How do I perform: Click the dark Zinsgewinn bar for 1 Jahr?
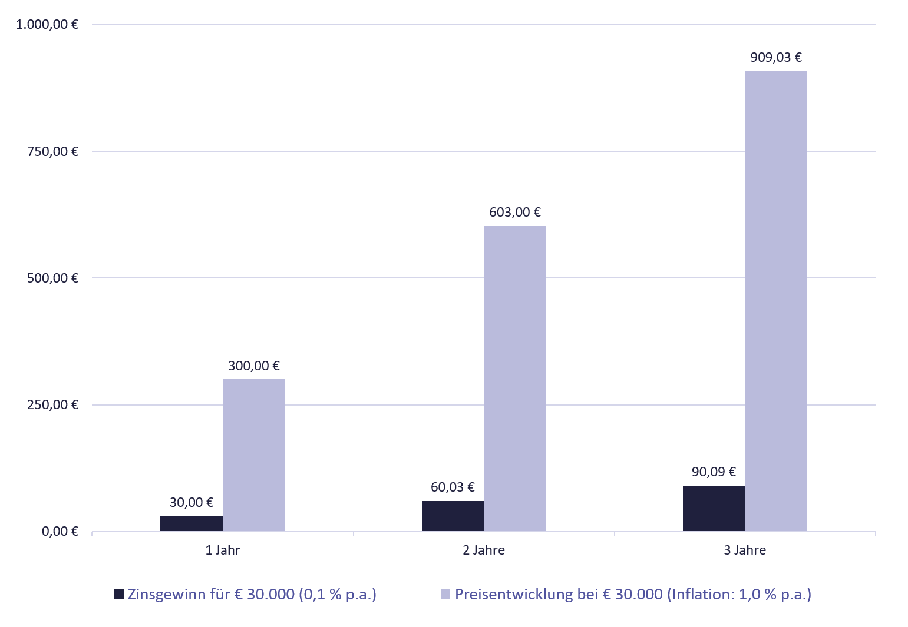[191, 524]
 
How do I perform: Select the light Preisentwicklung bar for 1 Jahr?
[253, 455]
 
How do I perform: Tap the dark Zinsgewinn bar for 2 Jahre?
[453, 516]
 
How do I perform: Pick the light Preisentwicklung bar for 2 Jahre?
[514, 379]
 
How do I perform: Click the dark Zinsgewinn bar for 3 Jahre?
[714, 509]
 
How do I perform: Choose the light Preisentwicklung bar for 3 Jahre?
[776, 301]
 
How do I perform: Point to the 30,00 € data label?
[191, 503]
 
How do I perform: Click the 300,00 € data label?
[253, 366]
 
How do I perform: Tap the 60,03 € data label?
[453, 487]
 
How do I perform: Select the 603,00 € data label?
[514, 213]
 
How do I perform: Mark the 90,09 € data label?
[714, 472]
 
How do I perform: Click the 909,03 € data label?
[776, 58]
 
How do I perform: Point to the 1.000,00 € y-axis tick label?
[48, 25]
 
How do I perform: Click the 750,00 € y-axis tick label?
[53, 151]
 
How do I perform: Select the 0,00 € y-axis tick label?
[60, 532]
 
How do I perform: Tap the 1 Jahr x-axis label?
[223, 550]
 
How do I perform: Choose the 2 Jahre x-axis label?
[484, 550]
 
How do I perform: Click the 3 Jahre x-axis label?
[745, 550]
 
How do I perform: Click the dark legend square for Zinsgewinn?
[119, 594]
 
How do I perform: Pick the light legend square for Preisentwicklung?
[445, 594]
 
